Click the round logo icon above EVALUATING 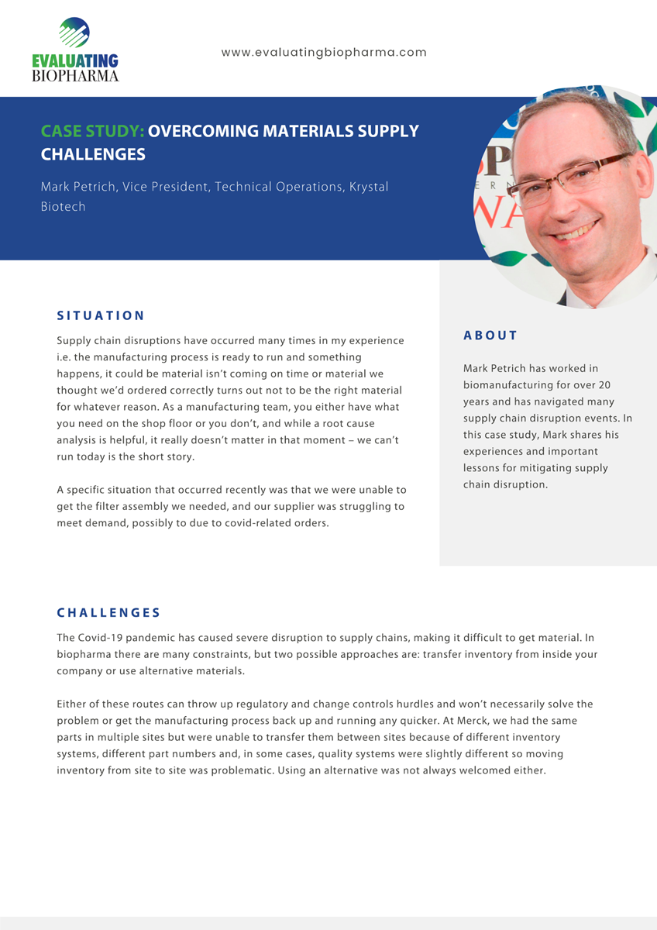(74, 33)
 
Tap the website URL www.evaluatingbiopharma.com (324, 53)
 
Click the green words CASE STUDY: (93, 131)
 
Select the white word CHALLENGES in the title (93, 154)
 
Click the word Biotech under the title (63, 207)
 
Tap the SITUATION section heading (101, 315)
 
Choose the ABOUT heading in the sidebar (490, 336)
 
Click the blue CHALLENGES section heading (108, 612)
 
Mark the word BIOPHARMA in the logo (75, 75)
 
